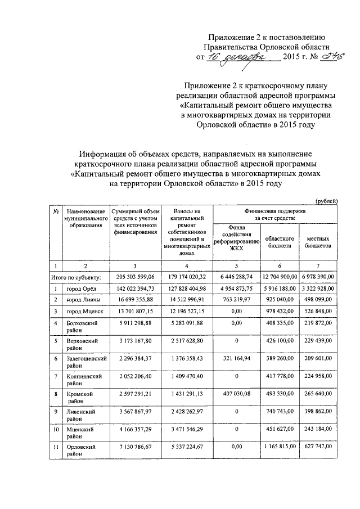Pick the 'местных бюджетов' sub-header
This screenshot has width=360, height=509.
click(x=318, y=242)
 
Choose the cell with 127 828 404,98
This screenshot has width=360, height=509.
click(x=184, y=289)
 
